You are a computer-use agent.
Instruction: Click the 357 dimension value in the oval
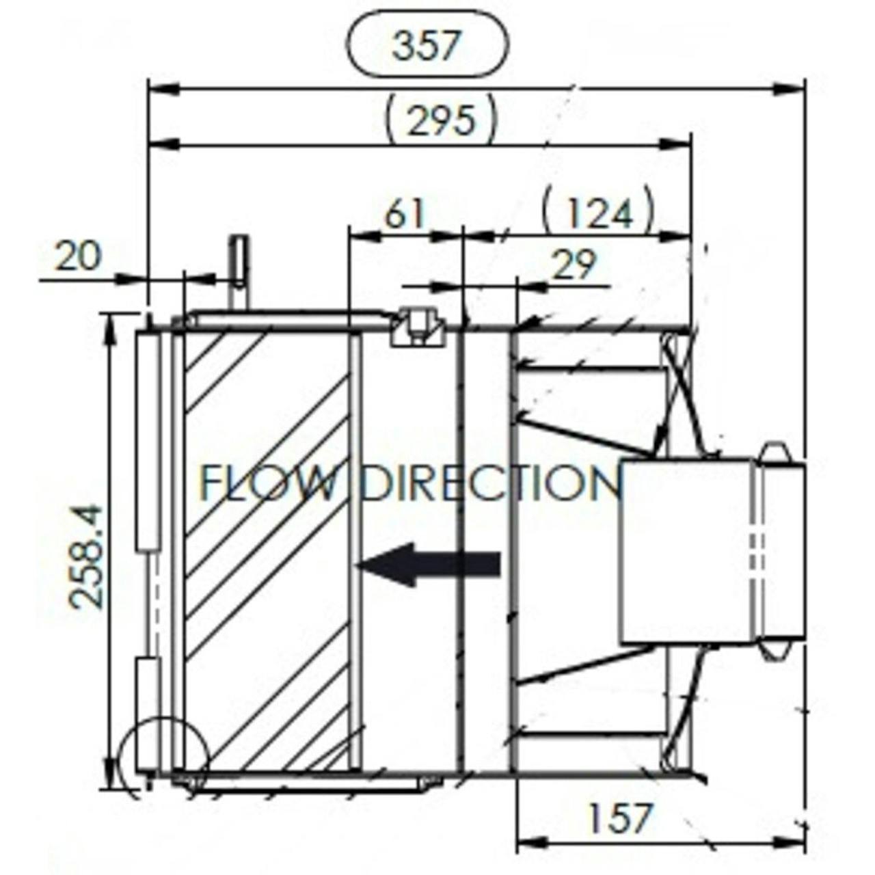click(x=427, y=45)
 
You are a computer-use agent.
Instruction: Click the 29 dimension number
click(x=573, y=265)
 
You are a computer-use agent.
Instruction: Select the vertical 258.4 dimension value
click(x=86, y=556)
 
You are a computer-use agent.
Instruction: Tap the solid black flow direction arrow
click(x=429, y=565)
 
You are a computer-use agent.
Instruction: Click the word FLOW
click(x=268, y=483)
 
